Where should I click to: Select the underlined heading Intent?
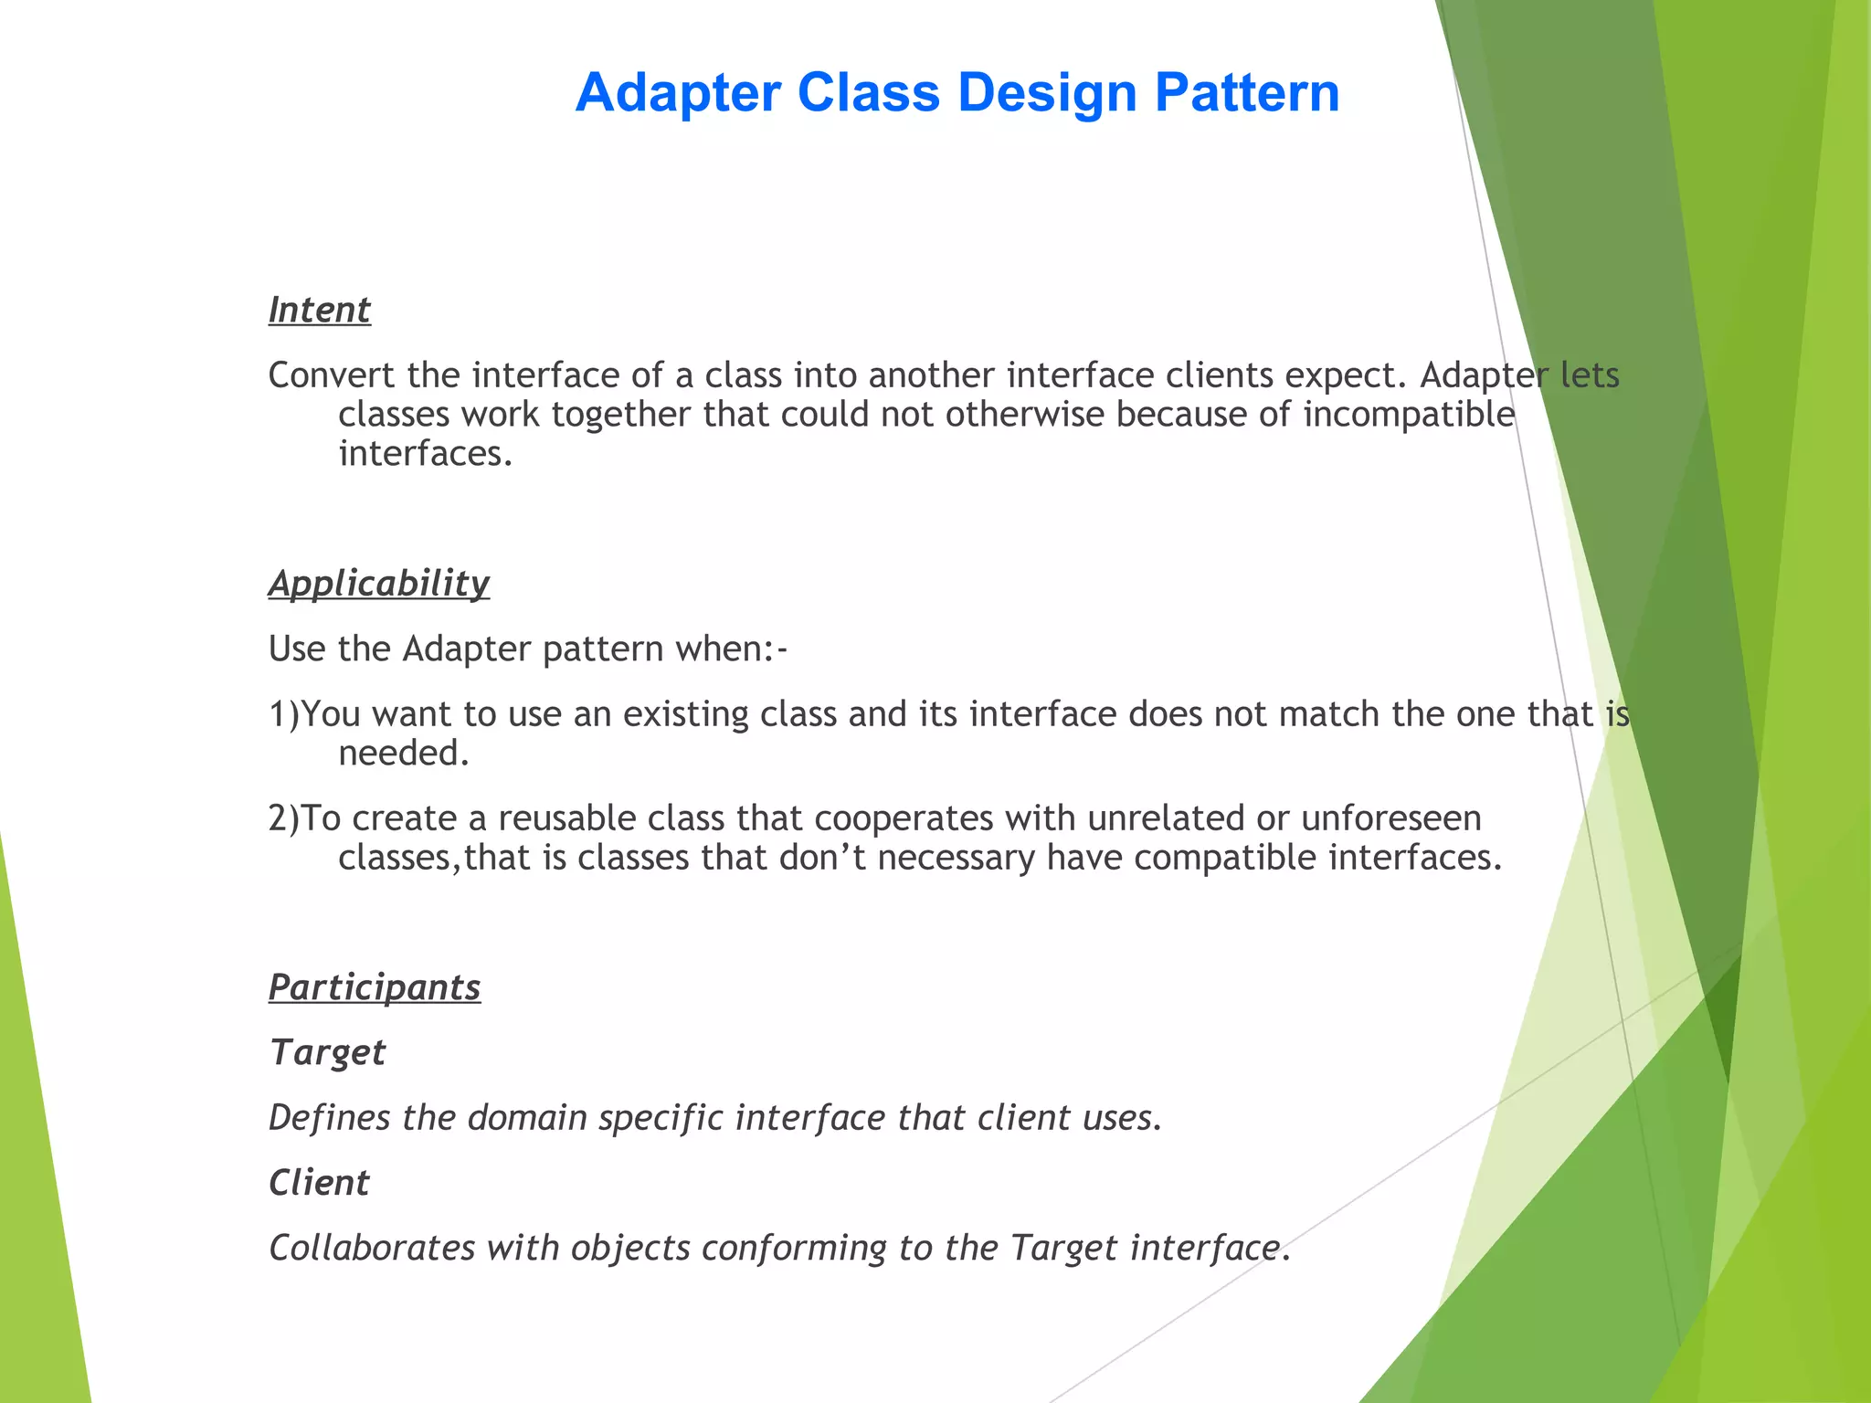tap(319, 311)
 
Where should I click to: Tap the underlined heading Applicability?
tap(379, 584)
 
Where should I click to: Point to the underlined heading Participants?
tap(375, 988)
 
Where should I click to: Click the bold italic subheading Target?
tap(327, 1053)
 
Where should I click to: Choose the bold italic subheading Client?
tap(319, 1183)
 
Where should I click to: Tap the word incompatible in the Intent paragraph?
tap(1409, 415)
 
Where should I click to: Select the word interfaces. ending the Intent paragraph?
tap(426, 454)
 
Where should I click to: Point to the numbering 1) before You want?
tap(284, 714)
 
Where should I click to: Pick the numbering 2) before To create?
tap(284, 818)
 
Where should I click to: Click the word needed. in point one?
tap(404, 754)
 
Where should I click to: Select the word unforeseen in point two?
tap(1390, 818)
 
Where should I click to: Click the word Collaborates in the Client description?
tap(372, 1248)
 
